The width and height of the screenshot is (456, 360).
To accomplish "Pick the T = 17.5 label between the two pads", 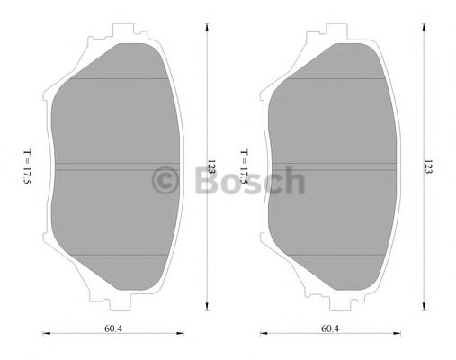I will (244, 166).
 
